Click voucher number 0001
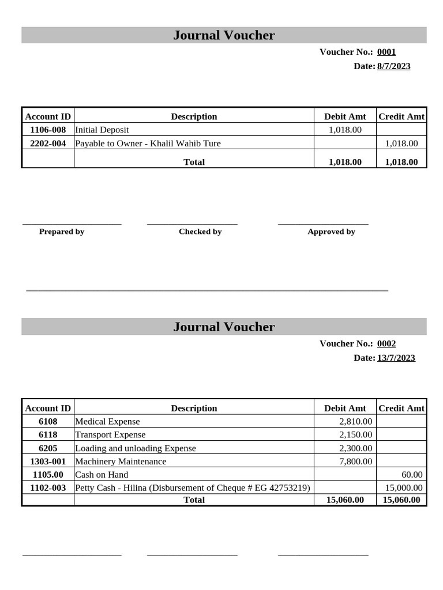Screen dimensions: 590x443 tap(386, 52)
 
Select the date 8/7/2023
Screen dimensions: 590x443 tap(393, 66)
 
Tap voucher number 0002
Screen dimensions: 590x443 tap(386, 343)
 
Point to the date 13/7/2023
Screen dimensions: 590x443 tap(396, 358)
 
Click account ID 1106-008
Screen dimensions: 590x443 tap(48, 130)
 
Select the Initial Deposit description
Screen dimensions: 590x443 tap(102, 130)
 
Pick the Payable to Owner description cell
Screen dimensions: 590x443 tap(148, 143)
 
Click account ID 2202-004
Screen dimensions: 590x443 tap(48, 143)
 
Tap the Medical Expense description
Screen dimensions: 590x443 tap(108, 421)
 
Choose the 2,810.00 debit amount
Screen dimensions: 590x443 tap(355, 421)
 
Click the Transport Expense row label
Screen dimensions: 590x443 tap(110, 434)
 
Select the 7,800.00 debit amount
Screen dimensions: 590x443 tap(355, 461)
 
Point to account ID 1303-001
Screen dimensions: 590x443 tap(48, 461)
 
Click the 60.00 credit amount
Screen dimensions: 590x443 tap(412, 474)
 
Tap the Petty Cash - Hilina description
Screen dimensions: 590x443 tap(193, 487)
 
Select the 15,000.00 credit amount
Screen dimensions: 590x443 tap(404, 487)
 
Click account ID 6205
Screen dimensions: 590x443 tap(48, 448)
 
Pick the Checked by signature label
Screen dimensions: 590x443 tap(200, 232)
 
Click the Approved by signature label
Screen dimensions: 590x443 tap(331, 232)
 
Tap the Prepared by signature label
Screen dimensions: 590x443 tap(62, 232)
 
